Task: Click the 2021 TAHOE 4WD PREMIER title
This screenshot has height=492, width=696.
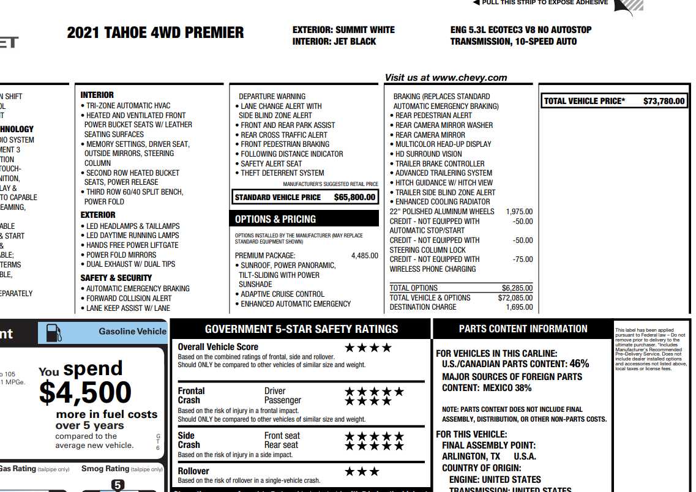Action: pos(155,33)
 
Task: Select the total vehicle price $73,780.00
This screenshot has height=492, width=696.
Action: pos(664,101)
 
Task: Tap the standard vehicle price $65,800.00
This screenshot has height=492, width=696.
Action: pos(354,198)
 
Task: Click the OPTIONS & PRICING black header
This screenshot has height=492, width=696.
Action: pos(275,219)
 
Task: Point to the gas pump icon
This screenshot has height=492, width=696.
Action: pos(54,332)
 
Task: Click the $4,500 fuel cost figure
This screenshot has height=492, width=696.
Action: pos(85,392)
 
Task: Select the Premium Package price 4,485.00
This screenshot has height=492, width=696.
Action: pos(364,256)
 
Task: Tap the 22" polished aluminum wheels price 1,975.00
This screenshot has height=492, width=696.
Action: pos(519,212)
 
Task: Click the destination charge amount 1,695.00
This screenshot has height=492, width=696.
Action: pos(519,307)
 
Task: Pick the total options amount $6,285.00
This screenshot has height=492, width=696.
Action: pos(517,288)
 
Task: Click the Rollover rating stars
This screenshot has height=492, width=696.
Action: pos(362,472)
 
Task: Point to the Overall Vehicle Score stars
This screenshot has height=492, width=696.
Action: pos(368,348)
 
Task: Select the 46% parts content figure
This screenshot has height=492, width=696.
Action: pos(579,363)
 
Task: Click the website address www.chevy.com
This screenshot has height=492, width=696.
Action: pos(470,78)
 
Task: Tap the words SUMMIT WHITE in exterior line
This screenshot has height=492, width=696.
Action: pos(365,30)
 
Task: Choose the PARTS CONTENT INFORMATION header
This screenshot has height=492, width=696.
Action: pos(523,329)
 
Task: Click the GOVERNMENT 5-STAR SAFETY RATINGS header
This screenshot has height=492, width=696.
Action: pos(301,329)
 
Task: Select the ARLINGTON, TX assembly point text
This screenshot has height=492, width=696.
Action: pos(471,457)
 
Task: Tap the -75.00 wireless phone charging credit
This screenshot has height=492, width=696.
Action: pos(522,259)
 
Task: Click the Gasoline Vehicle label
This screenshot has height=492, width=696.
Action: pos(132,332)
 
